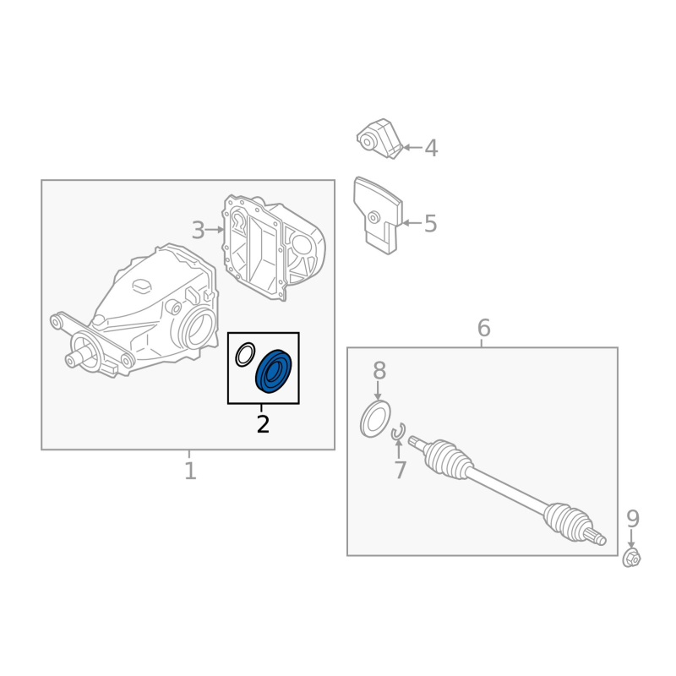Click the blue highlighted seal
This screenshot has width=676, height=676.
[274, 371]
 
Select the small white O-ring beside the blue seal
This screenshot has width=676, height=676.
[245, 354]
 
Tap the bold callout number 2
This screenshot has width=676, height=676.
[263, 424]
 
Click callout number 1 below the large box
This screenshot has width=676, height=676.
[190, 471]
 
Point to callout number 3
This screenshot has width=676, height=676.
[198, 230]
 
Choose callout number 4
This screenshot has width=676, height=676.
[431, 148]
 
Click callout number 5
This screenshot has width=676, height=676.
[431, 223]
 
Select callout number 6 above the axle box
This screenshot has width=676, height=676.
[483, 328]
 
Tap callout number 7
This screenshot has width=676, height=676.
[400, 470]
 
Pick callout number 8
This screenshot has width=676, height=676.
[379, 370]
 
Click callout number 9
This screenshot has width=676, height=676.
[632, 519]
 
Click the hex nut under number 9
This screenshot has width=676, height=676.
[631, 558]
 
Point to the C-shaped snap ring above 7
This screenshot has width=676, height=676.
[398, 432]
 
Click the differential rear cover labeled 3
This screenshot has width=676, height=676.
[273, 247]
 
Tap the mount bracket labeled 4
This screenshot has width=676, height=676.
[379, 138]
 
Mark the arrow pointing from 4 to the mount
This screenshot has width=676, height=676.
[412, 147]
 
